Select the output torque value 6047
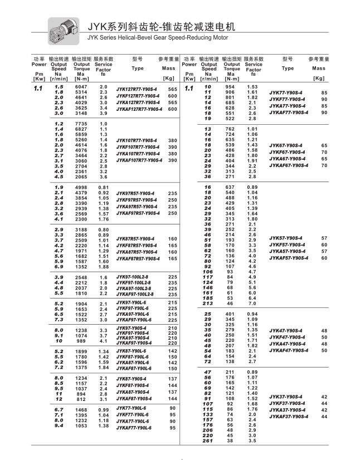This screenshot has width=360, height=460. [x=81, y=87]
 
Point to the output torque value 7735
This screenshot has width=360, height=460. [x=81, y=124]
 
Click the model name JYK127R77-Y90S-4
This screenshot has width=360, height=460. [x=137, y=89]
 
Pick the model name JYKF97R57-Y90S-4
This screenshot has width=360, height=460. [x=137, y=200]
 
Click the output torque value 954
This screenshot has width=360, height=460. [x=230, y=87]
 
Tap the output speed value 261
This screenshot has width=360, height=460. [x=208, y=441]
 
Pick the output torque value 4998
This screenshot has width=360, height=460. [x=81, y=187]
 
